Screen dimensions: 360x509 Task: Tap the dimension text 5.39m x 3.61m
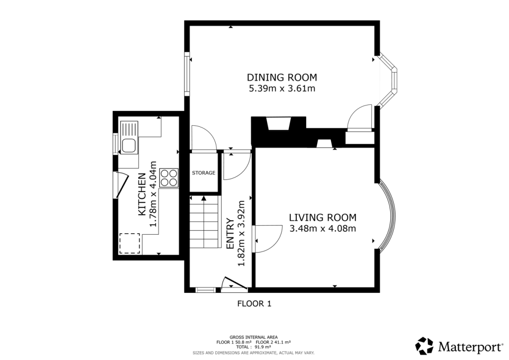(282, 89)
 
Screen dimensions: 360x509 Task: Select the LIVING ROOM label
(323, 217)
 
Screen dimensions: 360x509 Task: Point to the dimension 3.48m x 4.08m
(323, 229)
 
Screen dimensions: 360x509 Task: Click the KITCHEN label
(142, 194)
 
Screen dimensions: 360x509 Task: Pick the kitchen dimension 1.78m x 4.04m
(154, 194)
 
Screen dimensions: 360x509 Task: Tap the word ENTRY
(230, 233)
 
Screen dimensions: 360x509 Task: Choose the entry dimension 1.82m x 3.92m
(242, 233)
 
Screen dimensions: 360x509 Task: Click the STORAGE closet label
(204, 173)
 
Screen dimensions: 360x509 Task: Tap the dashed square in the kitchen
(130, 244)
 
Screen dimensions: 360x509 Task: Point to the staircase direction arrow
(203, 199)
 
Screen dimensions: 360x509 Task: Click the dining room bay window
(391, 80)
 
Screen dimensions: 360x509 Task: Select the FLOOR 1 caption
(254, 303)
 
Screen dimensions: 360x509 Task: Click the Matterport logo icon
(424, 346)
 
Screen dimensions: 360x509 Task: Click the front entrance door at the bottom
(234, 283)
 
